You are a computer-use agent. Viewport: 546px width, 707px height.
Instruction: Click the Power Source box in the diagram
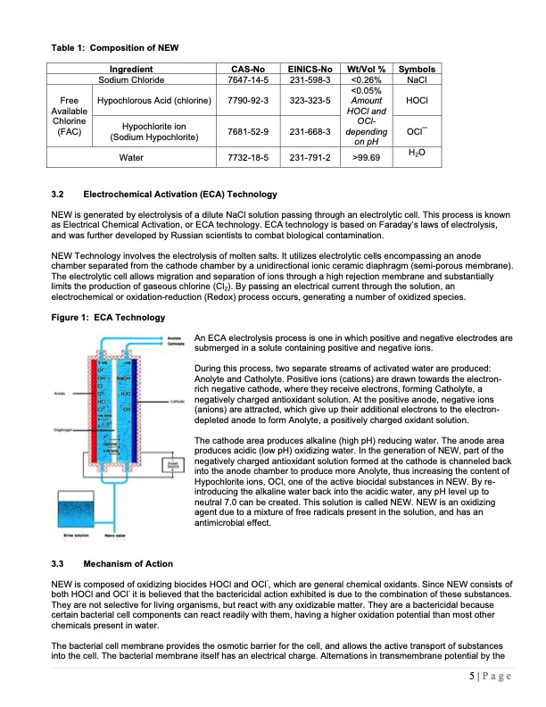click(170, 466)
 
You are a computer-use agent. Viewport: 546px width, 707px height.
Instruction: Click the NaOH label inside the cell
click(122, 377)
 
